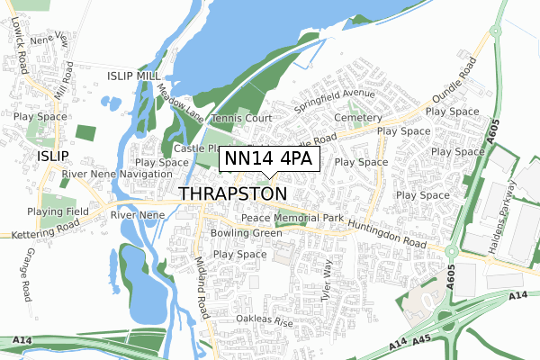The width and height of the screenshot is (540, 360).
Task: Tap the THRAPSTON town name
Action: pyautogui.click(x=233, y=194)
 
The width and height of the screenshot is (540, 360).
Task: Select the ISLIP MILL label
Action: pyautogui.click(x=134, y=76)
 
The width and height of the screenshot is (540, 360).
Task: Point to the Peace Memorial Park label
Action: pyautogui.click(x=294, y=219)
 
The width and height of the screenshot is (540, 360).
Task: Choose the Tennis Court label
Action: pyautogui.click(x=241, y=119)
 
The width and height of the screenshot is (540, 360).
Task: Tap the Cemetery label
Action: pyautogui.click(x=357, y=118)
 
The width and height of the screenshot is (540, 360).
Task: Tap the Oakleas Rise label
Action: pyautogui.click(x=265, y=320)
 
